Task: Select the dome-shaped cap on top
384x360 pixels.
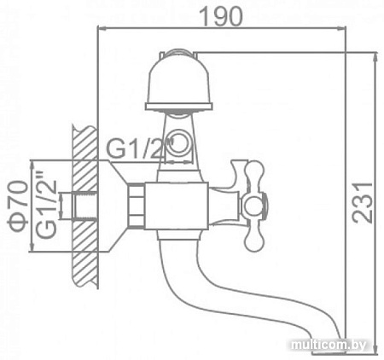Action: click(179, 81)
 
